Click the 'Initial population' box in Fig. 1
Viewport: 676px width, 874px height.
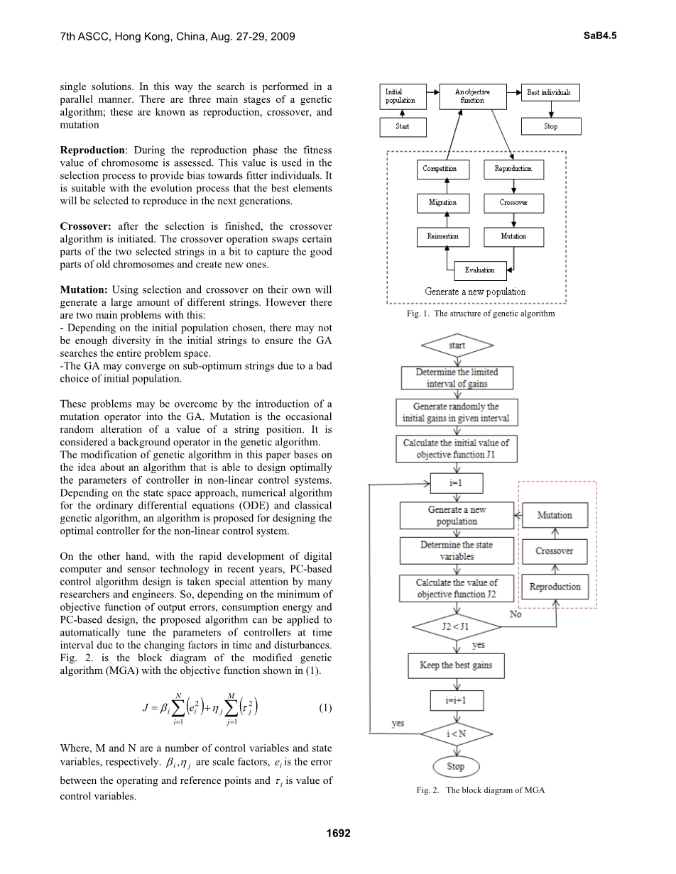tap(400, 96)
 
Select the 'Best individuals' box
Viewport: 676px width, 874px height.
tap(549, 92)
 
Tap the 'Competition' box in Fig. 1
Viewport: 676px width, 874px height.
tap(440, 169)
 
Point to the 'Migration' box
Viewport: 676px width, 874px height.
tap(442, 203)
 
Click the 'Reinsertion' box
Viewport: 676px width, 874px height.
tap(442, 236)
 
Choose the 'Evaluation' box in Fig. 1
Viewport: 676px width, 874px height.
tap(480, 270)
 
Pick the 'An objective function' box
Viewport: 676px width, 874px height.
tap(472, 96)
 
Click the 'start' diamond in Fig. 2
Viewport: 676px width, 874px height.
tap(457, 345)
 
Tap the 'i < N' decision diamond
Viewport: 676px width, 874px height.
tap(456, 734)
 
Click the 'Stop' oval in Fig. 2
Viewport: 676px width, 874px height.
tap(456, 767)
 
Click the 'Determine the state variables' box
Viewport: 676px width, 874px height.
tap(457, 551)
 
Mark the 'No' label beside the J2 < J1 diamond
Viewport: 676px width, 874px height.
tap(516, 614)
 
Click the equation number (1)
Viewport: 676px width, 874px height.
tap(325, 708)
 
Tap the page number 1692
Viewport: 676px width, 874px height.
tap(338, 834)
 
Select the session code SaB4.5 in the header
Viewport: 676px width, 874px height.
tap(599, 35)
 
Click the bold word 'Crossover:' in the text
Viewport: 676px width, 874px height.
tap(85, 226)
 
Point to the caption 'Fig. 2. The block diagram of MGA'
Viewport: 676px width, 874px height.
tap(480, 790)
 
